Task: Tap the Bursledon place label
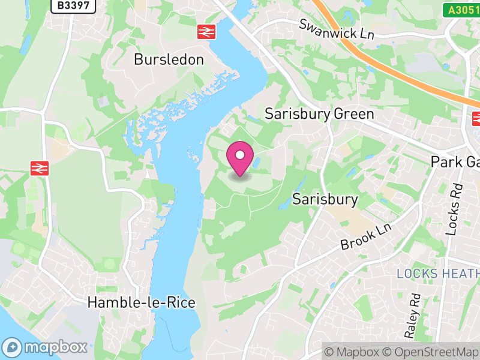[x=169, y=59]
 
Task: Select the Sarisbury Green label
[x=319, y=114]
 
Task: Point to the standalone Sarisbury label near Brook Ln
[x=325, y=199]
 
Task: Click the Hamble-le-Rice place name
[x=142, y=302]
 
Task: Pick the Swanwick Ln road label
[x=337, y=29]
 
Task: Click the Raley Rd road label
[x=413, y=315]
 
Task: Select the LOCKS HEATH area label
[x=438, y=274]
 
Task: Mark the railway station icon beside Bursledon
[x=206, y=32]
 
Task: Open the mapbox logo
[x=45, y=347]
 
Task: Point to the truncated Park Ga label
[x=455, y=162]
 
